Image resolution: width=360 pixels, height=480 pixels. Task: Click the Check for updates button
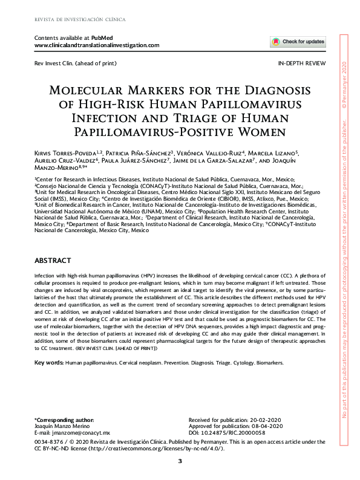298,42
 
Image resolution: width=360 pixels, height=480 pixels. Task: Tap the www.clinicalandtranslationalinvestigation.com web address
97,45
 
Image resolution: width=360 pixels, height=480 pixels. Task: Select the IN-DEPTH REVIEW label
301,63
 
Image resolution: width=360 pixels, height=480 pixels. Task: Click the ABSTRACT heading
53,259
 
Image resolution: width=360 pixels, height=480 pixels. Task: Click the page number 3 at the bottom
180,462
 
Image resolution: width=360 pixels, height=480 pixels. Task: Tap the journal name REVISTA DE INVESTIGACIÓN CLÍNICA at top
80,19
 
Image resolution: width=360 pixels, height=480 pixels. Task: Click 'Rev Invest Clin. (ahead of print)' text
75,63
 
